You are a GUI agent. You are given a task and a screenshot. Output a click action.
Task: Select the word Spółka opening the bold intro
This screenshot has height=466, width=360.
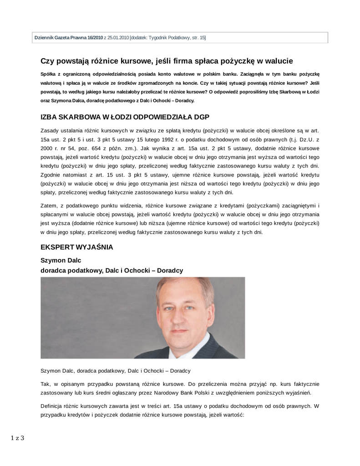coord(49,74)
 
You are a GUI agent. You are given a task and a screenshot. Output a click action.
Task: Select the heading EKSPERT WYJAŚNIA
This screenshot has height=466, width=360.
coord(76,248)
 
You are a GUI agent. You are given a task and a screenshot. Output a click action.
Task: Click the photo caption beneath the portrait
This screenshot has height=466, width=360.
coord(115,370)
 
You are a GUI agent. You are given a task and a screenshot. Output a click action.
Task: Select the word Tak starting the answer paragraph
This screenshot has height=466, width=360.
coord(46,384)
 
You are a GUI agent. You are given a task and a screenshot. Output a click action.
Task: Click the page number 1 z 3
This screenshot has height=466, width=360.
coord(17,438)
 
